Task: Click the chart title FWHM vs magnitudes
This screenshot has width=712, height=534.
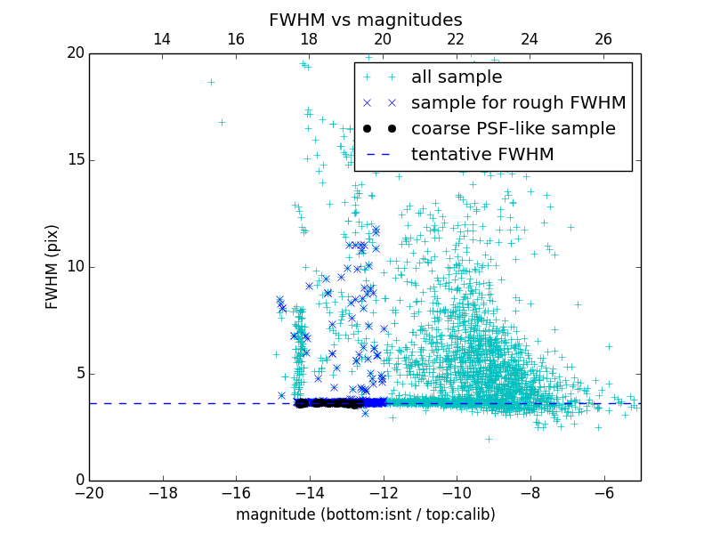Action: point(365,20)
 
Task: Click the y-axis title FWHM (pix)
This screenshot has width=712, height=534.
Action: point(53,266)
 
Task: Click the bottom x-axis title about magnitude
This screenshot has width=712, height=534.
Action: point(365,514)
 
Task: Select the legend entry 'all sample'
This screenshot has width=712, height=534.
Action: point(456,77)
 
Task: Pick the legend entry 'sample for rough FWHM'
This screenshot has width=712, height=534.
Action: point(518,102)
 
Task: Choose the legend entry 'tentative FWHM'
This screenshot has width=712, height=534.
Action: point(481,154)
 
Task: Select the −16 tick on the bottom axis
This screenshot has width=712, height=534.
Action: point(236,492)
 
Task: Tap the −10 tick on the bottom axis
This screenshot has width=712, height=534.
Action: point(457,492)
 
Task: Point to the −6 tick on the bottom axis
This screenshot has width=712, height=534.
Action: point(603,492)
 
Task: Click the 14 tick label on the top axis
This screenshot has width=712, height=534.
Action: point(162,39)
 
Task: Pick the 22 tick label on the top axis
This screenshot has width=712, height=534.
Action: point(456,39)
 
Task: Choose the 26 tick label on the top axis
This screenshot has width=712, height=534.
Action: point(603,39)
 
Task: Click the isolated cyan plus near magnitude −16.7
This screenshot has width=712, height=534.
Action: point(211,82)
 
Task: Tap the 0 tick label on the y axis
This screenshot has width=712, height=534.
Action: point(78,481)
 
